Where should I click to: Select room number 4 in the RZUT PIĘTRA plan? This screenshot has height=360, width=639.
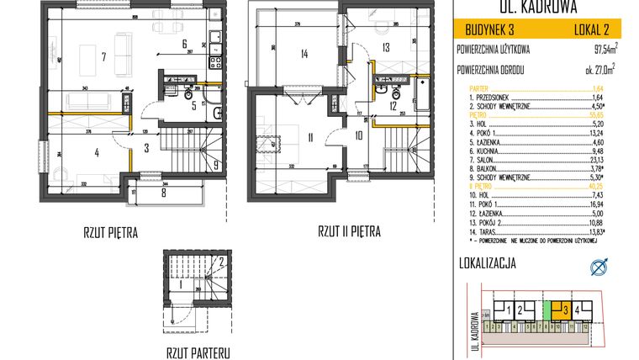[98, 152]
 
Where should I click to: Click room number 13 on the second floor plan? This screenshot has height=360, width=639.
[386, 48]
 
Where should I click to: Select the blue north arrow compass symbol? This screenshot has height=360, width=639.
[599, 267]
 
